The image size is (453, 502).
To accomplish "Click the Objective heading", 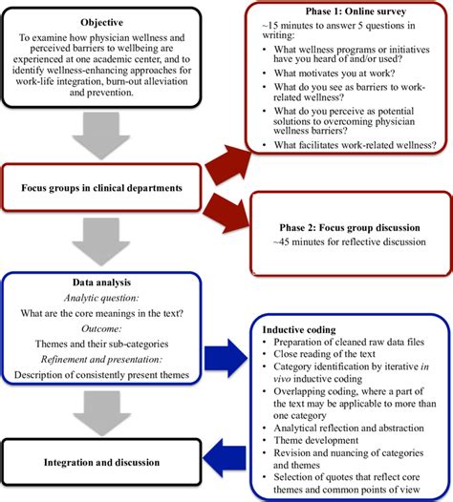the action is point(101,22).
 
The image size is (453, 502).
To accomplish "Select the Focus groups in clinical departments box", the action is point(101,188).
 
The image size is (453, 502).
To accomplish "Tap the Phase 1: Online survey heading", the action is point(356,11).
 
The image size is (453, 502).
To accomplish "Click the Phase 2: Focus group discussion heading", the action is point(350,228).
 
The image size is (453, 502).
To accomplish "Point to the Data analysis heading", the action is point(101,282).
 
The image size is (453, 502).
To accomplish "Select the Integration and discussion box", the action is point(101,462).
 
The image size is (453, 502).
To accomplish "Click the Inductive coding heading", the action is point(299,330).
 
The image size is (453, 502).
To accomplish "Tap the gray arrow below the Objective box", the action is point(101,136).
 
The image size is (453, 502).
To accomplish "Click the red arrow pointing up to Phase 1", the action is point(228,165).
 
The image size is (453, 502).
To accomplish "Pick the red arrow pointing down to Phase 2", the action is point(226,213).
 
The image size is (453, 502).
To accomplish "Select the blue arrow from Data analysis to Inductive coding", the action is point(226,358).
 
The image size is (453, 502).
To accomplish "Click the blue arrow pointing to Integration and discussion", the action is point(225,458).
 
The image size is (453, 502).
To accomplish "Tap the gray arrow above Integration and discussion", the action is point(101,413).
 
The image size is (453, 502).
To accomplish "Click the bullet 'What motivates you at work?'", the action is point(334,73).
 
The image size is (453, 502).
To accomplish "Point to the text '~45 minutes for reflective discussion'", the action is point(350,241).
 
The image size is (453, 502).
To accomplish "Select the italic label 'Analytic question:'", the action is point(101,298).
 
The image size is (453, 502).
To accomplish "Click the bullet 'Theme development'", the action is point(315,440).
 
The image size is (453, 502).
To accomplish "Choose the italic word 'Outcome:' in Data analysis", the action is point(101,329).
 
